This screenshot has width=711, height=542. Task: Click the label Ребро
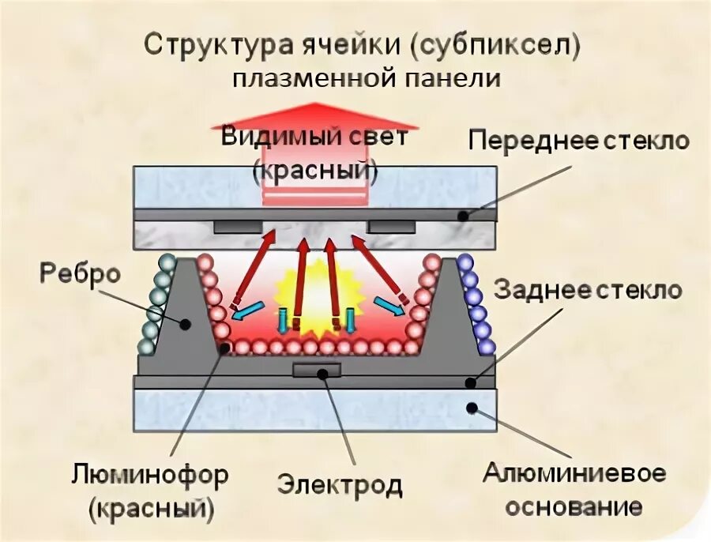click(79, 274)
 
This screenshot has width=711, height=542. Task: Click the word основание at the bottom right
click(574, 506)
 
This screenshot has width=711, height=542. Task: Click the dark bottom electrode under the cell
click(317, 369)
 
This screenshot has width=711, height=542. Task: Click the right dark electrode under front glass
click(391, 227)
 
